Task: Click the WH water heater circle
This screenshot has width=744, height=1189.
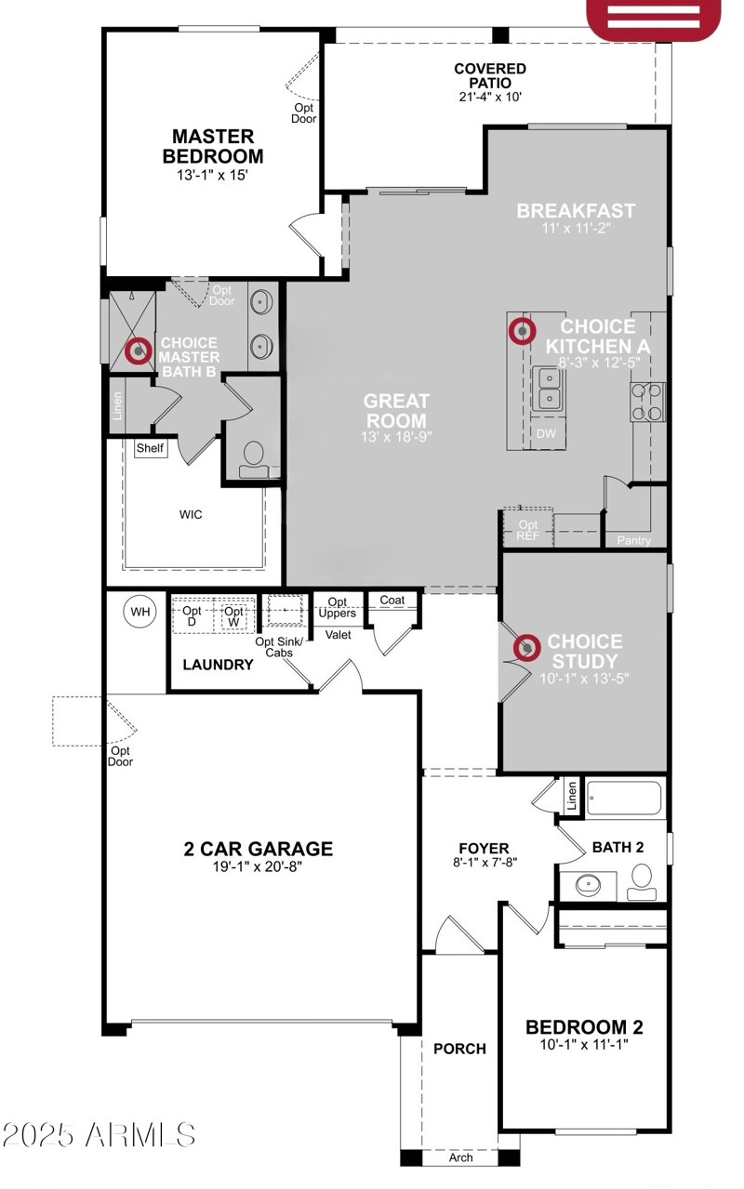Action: click(139, 612)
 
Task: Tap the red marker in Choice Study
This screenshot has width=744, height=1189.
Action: click(527, 647)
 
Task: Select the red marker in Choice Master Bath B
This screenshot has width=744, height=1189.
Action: click(139, 351)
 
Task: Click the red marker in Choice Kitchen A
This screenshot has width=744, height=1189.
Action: click(522, 329)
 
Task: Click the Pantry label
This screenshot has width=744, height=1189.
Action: click(634, 540)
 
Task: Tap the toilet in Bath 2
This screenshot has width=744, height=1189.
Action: click(642, 880)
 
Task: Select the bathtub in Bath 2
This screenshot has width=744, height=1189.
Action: click(624, 798)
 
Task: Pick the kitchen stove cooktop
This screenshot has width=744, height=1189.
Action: click(648, 401)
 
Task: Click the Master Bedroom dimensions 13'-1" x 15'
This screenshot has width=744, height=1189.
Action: click(212, 174)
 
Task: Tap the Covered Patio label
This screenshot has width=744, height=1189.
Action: click(490, 75)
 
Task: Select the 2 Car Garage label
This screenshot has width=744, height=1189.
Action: click(258, 848)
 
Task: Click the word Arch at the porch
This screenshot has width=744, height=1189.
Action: click(460, 1157)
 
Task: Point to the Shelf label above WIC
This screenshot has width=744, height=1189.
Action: click(150, 448)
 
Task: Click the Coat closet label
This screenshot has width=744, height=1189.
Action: click(392, 601)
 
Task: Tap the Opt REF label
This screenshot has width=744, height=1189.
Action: click(527, 530)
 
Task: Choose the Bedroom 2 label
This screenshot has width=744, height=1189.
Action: click(584, 1027)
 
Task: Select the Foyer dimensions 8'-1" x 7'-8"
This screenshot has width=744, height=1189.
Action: click(485, 862)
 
